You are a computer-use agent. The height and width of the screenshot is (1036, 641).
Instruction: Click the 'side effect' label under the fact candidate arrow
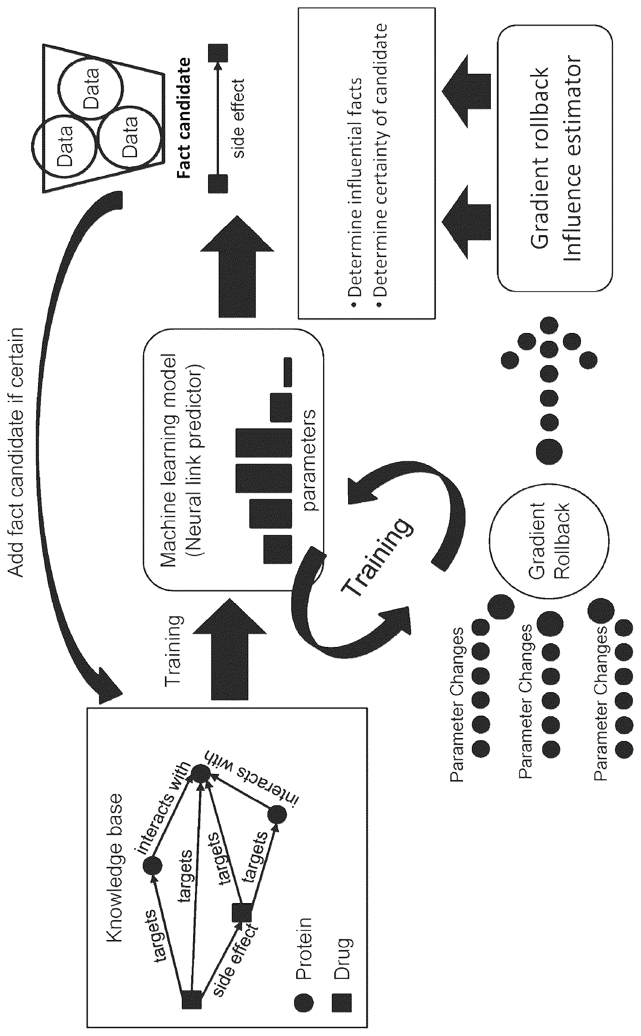[239, 119]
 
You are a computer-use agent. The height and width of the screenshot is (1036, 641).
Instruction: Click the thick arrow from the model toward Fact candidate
[238, 266]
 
